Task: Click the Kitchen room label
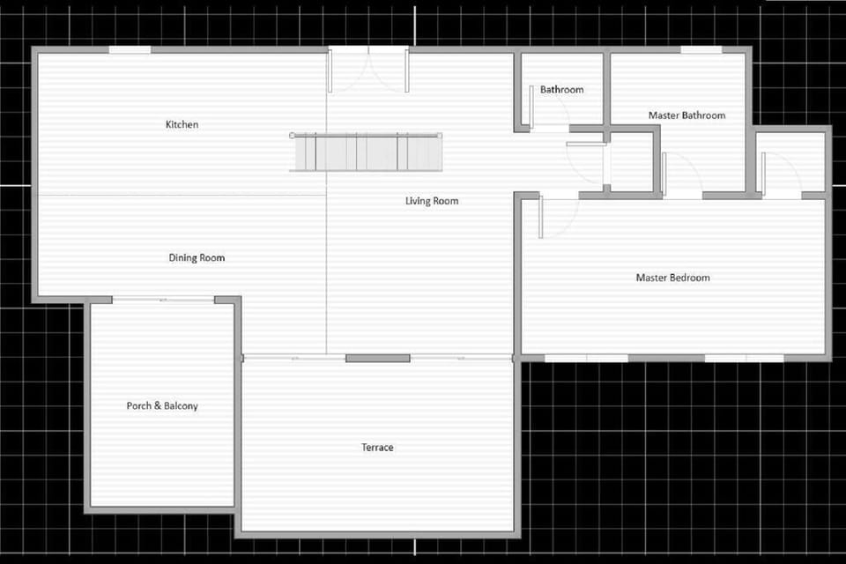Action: coord(182,124)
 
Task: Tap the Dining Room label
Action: coord(197,258)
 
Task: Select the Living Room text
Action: coord(432,201)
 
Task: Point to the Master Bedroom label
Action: coord(672,278)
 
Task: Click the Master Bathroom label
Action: coord(686,115)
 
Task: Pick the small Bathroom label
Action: coord(561,90)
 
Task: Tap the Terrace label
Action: coord(377,448)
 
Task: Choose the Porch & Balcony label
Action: coord(162,406)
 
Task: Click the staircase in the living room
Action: coord(367,152)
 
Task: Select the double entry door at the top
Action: coord(368,69)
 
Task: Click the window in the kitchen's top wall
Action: coord(130,50)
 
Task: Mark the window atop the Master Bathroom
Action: coord(701,50)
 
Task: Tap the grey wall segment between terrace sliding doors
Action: coord(377,358)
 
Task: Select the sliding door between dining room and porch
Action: coord(163,301)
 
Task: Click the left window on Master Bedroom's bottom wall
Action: coord(586,358)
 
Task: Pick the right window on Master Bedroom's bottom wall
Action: coord(745,358)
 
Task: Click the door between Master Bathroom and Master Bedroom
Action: coord(681,175)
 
